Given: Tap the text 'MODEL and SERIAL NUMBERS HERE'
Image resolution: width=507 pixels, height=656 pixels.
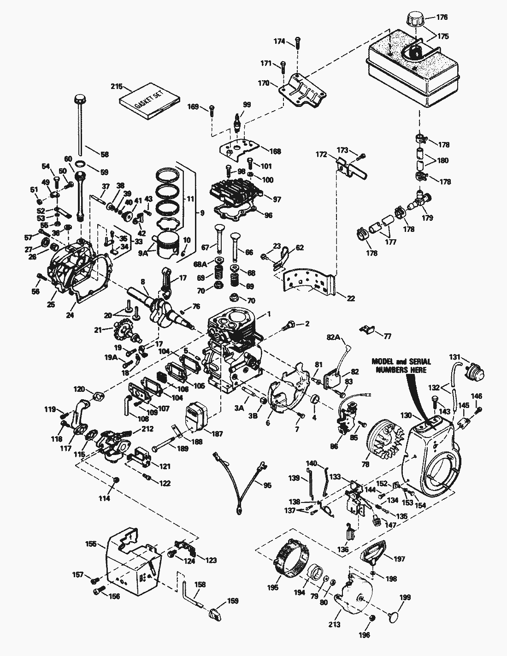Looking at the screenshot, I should pos(399,367).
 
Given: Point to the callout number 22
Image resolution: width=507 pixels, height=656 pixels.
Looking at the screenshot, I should pos(351,298).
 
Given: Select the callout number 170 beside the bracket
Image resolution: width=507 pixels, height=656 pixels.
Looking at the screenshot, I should pos(263,84).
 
